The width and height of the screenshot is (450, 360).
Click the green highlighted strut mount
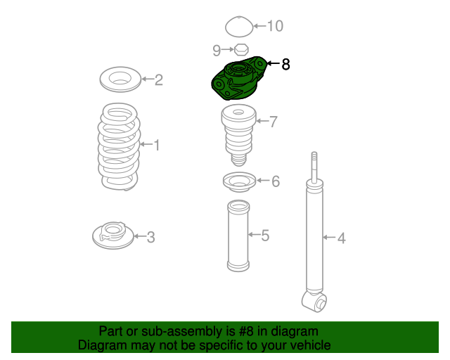tap(238, 78)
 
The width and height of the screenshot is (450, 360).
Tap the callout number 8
tap(285, 64)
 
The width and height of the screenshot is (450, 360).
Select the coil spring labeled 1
tap(119, 147)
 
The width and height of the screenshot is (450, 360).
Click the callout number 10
tap(275, 26)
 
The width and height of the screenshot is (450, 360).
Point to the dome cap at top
tap(239, 27)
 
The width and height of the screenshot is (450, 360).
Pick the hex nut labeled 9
tap(241, 50)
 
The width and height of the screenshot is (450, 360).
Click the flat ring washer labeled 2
tap(120, 79)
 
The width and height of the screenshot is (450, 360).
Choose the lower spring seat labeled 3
tap(113, 236)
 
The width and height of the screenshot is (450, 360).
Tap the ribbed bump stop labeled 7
tap(238, 135)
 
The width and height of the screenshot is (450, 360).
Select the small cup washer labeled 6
tap(239, 182)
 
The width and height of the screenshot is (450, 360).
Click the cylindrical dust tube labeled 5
tap(238, 236)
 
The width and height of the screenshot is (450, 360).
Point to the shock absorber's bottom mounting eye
tap(314, 302)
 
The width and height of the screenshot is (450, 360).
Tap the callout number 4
tap(341, 238)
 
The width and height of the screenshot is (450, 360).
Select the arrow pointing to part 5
tap(255, 235)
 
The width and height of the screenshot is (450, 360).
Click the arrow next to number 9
tap(228, 49)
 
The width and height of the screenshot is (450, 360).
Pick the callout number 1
tap(157, 145)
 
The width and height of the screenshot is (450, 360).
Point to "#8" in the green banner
tap(246, 331)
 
